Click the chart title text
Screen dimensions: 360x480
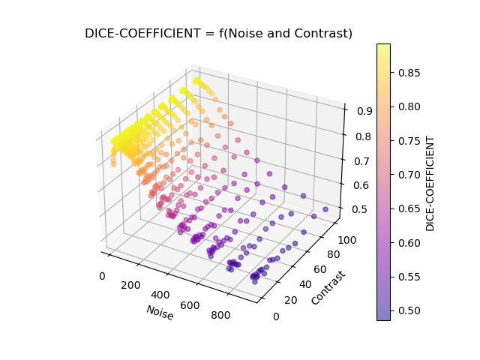pos(218,33)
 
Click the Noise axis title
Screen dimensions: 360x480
pos(160,313)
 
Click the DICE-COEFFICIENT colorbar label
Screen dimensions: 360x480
pos(430,183)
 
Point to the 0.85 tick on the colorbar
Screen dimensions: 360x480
pos(409,72)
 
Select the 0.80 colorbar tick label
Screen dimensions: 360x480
pos(409,106)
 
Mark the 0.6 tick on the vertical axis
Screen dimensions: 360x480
pos(355,184)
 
